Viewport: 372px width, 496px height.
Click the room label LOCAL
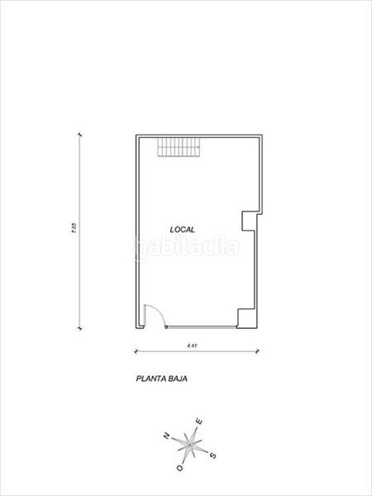pyautogui.click(x=182, y=230)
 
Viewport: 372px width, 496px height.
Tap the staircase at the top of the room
pyautogui.click(x=179, y=150)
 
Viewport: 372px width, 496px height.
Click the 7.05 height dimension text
pyautogui.click(x=74, y=230)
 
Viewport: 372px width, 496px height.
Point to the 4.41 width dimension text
pyautogui.click(x=191, y=345)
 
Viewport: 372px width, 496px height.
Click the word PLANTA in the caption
pyautogui.click(x=150, y=381)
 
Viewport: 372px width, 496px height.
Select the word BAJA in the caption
pyautogui.click(x=180, y=381)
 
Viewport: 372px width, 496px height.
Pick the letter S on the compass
pyautogui.click(x=213, y=454)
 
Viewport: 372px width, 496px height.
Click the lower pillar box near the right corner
pyautogui.click(x=246, y=317)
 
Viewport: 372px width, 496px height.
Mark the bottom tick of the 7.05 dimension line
pyautogui.click(x=79, y=328)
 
